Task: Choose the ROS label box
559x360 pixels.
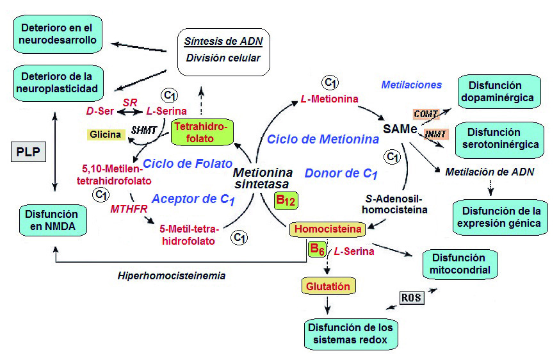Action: click(x=411, y=298)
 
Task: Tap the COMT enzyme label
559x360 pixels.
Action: click(x=425, y=114)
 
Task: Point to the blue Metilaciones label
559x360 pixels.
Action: click(x=411, y=85)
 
